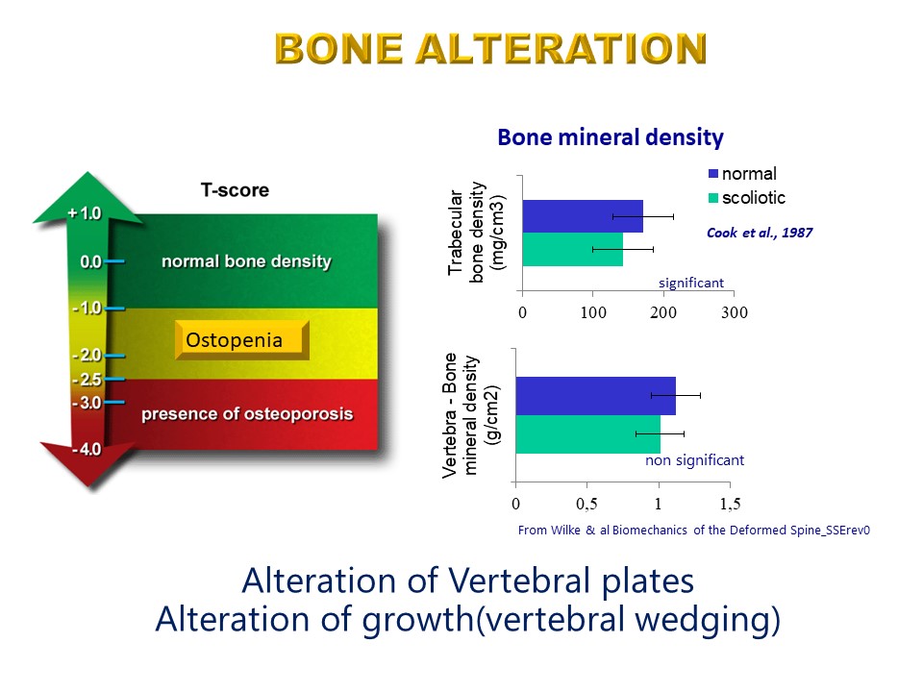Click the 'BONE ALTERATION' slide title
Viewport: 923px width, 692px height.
point(490,48)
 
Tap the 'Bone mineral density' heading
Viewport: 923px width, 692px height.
point(611,137)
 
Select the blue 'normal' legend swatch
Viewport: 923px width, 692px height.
point(713,174)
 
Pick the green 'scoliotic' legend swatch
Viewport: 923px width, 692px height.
point(713,198)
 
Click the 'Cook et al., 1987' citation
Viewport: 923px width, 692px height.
point(760,233)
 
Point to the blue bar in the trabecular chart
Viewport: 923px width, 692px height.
point(583,216)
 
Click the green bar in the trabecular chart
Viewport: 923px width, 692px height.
point(573,250)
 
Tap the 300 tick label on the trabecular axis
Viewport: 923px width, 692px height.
point(734,312)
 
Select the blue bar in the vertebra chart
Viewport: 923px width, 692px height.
point(596,396)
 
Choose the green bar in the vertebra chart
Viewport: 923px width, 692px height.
point(588,434)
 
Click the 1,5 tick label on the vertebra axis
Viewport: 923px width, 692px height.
point(730,504)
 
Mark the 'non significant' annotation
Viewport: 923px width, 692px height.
point(694,460)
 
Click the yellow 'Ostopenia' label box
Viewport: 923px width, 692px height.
point(242,340)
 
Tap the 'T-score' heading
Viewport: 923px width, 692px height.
point(235,190)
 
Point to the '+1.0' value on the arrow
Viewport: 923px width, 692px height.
point(85,213)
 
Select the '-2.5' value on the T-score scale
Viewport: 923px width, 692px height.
point(87,380)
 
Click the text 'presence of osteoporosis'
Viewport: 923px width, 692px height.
point(247,413)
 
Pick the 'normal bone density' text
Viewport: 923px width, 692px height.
point(247,261)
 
